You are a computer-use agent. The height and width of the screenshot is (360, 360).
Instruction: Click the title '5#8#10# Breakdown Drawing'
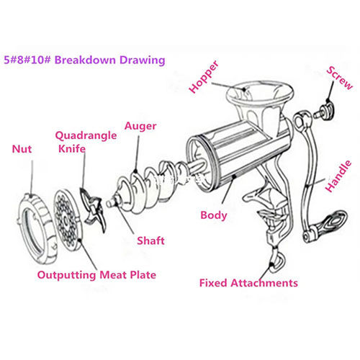point(84,60)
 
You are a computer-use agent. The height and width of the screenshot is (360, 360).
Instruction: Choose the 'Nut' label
point(22,150)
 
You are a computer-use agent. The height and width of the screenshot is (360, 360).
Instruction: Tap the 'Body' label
point(215,215)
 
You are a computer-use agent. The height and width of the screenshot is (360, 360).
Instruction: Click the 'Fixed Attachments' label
point(248,283)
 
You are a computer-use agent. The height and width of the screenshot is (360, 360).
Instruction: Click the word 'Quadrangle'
point(81,135)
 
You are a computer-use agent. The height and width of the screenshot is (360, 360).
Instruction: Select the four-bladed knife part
point(92,209)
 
